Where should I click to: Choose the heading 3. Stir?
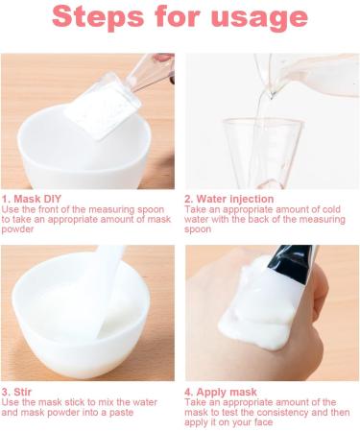[18, 392]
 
